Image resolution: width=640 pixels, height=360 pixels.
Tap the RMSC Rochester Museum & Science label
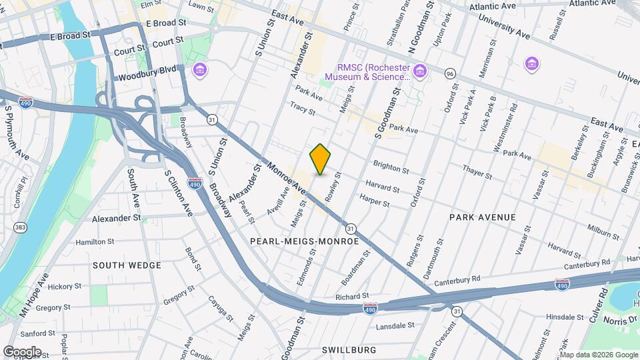click(x=369, y=72)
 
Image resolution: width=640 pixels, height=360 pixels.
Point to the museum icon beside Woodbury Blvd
click(x=199, y=69)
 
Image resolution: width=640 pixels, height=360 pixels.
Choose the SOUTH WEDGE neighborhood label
click(x=127, y=265)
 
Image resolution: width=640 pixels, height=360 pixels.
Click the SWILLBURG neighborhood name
click(x=349, y=349)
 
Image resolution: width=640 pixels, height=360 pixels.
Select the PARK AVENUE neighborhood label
click(x=483, y=217)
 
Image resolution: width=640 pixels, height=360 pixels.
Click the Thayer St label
click(x=477, y=175)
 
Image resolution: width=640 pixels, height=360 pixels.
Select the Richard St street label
click(x=352, y=296)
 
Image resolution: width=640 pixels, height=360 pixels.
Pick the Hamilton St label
click(x=95, y=242)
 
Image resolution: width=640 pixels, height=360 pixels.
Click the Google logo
click(x=21, y=351)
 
